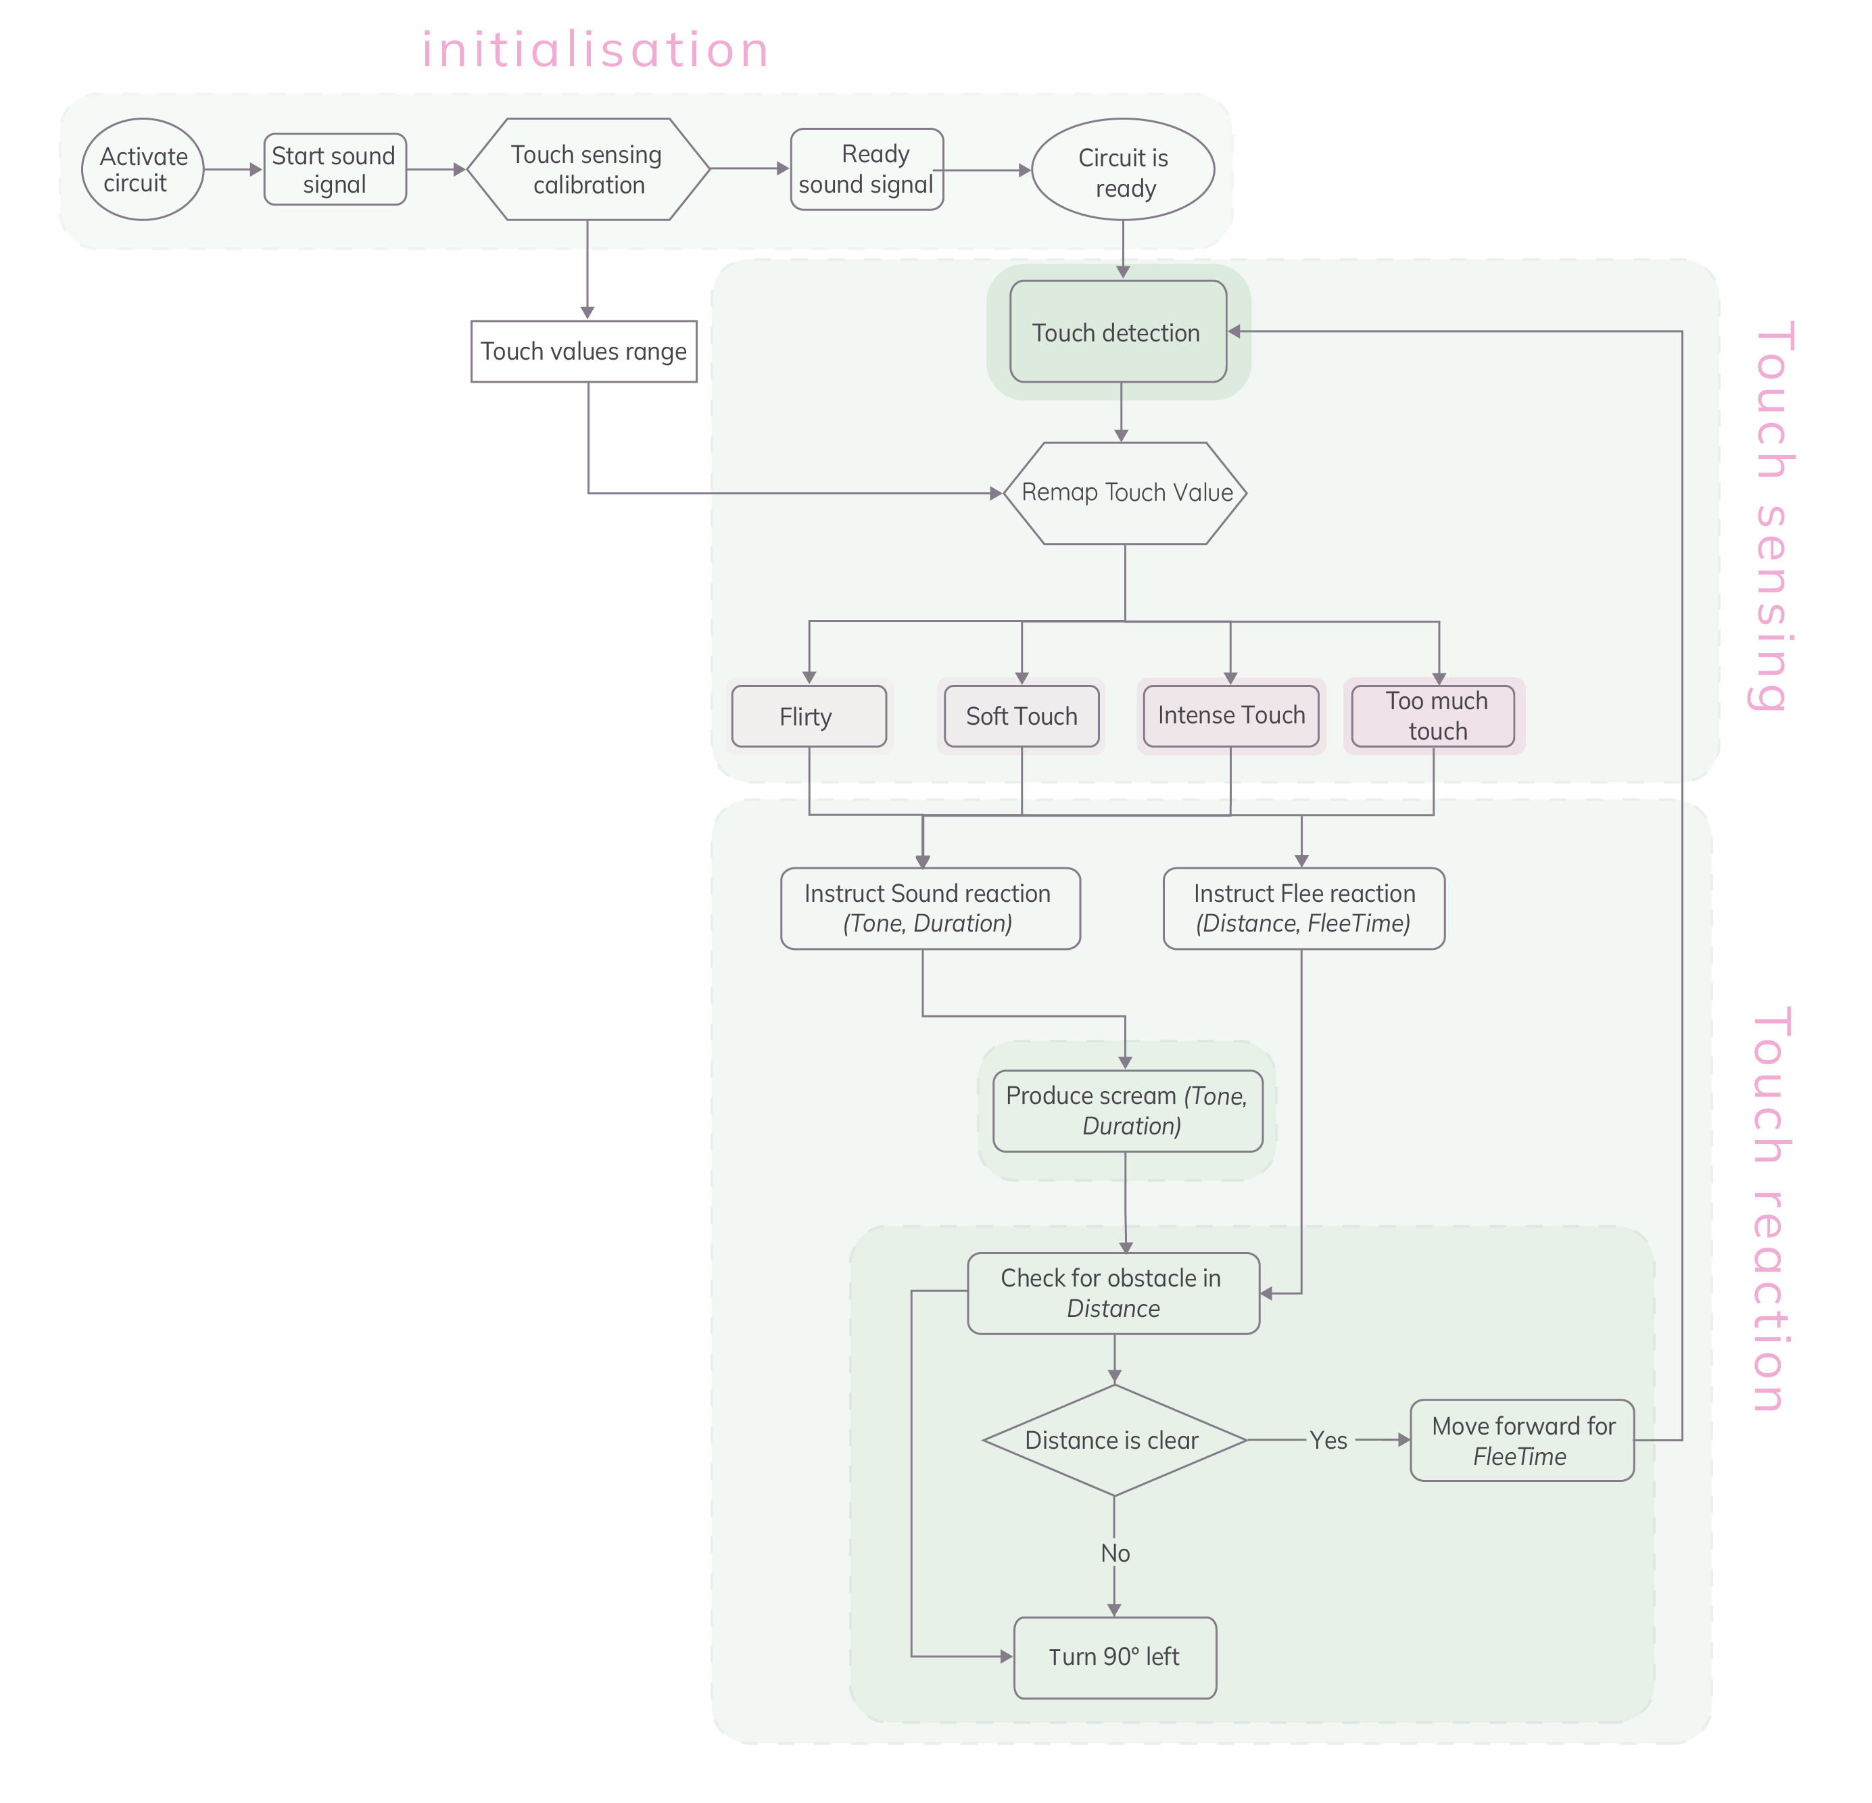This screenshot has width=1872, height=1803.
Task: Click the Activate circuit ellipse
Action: (143, 169)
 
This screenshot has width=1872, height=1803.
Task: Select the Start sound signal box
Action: (334, 169)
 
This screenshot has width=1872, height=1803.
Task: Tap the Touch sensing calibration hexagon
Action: (588, 169)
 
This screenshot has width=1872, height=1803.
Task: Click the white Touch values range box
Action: (583, 352)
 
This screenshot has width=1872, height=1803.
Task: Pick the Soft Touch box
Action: (1021, 716)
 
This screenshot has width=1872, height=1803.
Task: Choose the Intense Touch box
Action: (1231, 715)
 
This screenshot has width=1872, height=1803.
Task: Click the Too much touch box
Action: (1434, 715)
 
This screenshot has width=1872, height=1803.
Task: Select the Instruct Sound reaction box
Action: (930, 908)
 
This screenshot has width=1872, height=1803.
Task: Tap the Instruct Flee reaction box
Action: (1303, 908)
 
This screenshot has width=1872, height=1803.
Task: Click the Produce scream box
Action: (1127, 1111)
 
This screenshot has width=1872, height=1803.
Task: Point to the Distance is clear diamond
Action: (1113, 1440)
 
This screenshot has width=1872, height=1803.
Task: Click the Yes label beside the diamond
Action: (1328, 1440)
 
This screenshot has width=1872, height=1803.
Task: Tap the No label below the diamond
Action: (1115, 1553)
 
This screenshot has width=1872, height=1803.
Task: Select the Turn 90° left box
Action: (1115, 1657)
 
